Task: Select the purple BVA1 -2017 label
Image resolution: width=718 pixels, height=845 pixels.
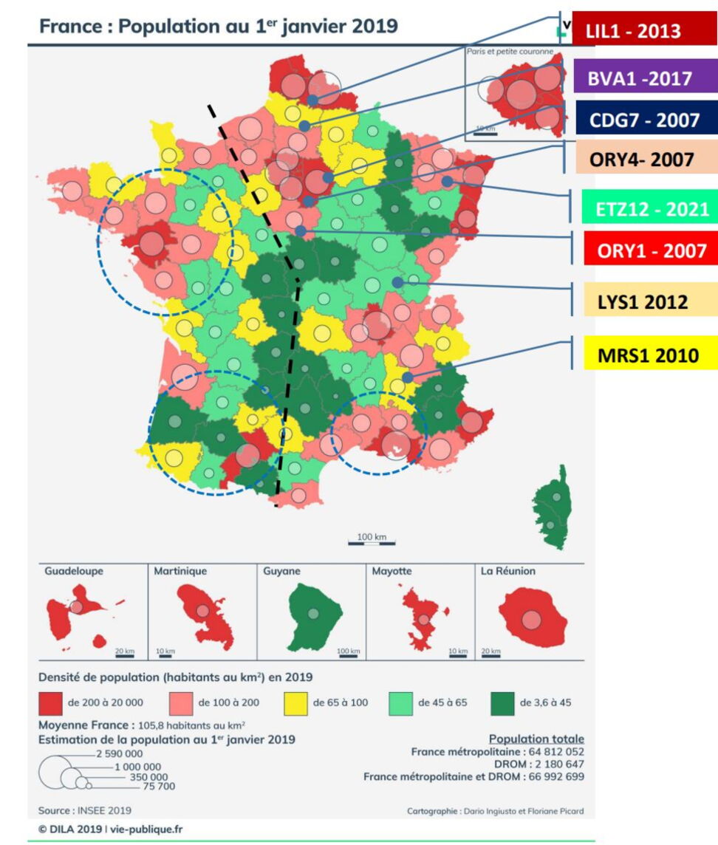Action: tap(640, 78)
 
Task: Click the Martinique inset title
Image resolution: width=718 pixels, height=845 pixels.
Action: tap(180, 571)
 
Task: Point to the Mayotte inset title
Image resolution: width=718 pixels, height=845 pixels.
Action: tap(392, 571)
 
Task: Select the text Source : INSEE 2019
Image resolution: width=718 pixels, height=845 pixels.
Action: tap(84, 810)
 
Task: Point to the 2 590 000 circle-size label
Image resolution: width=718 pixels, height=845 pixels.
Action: tap(121, 753)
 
